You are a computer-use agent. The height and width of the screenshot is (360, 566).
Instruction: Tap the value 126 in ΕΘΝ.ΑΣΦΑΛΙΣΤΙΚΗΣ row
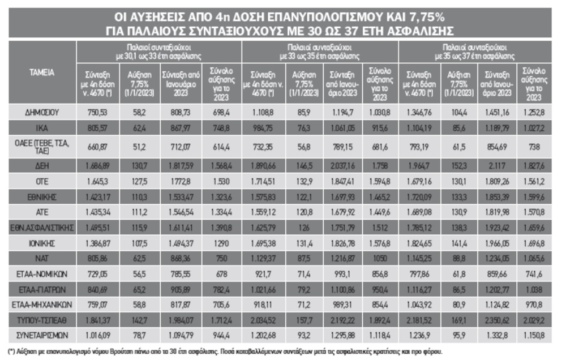[x=303, y=226]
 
